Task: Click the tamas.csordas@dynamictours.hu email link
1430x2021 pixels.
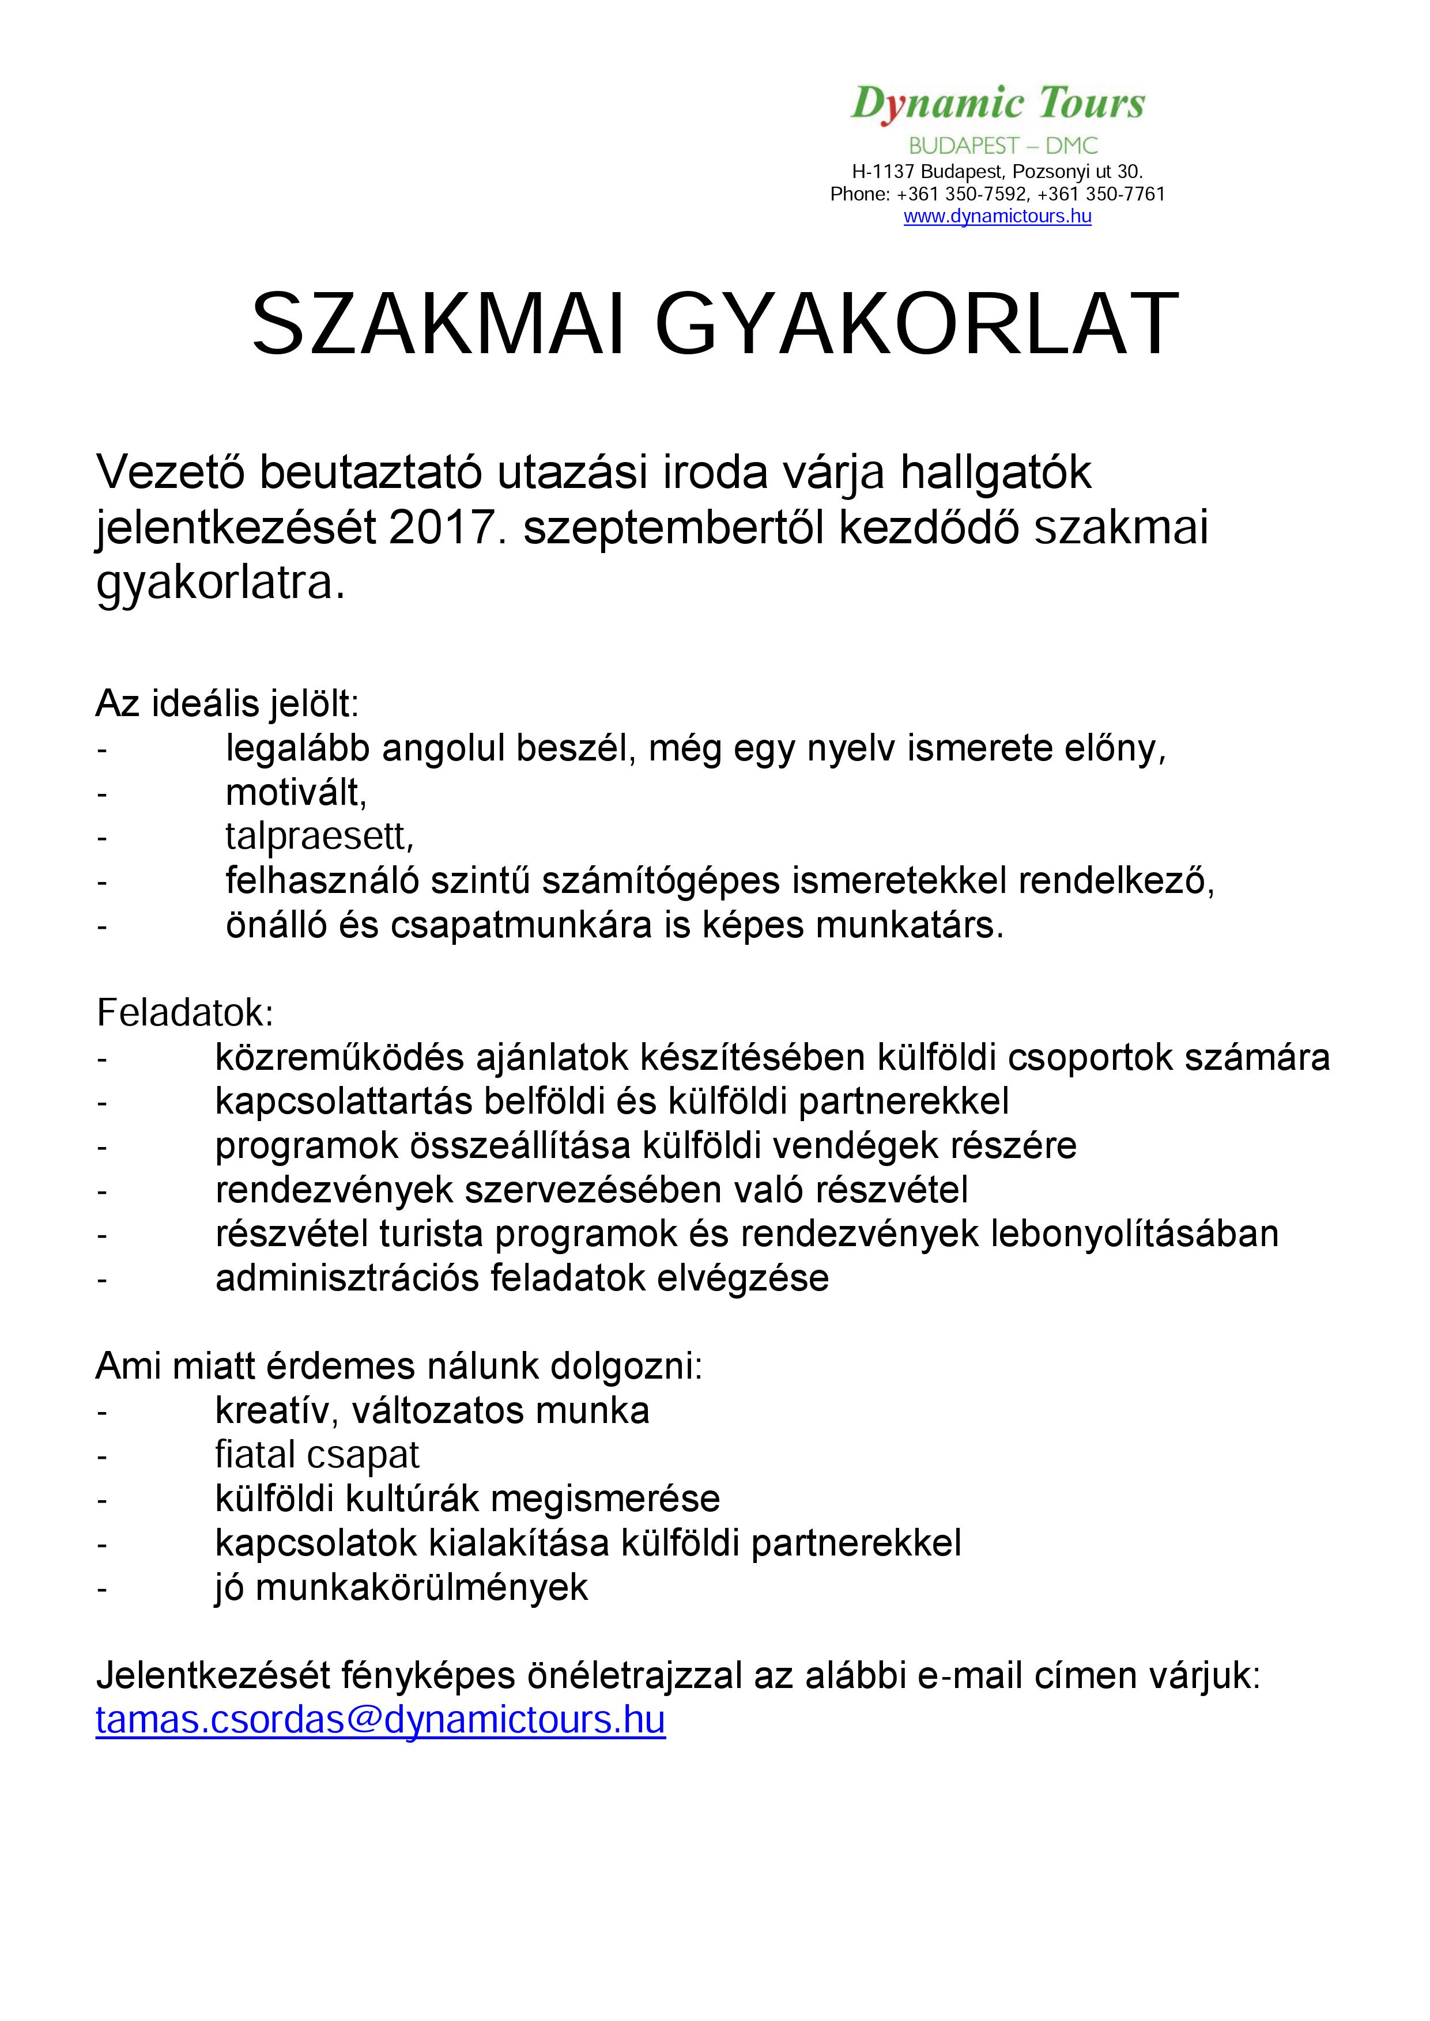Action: (x=380, y=1720)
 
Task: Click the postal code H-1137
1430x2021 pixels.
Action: (x=882, y=172)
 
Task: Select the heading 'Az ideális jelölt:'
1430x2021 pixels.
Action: (x=227, y=704)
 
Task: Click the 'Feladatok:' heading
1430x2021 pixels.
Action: (x=185, y=1013)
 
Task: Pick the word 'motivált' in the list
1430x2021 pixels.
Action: (x=293, y=793)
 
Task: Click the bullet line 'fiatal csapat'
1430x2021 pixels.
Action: (x=317, y=1455)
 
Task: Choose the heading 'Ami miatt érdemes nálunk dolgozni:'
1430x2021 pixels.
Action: (x=399, y=1367)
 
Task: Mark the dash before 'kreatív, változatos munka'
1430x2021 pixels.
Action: (x=102, y=1412)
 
